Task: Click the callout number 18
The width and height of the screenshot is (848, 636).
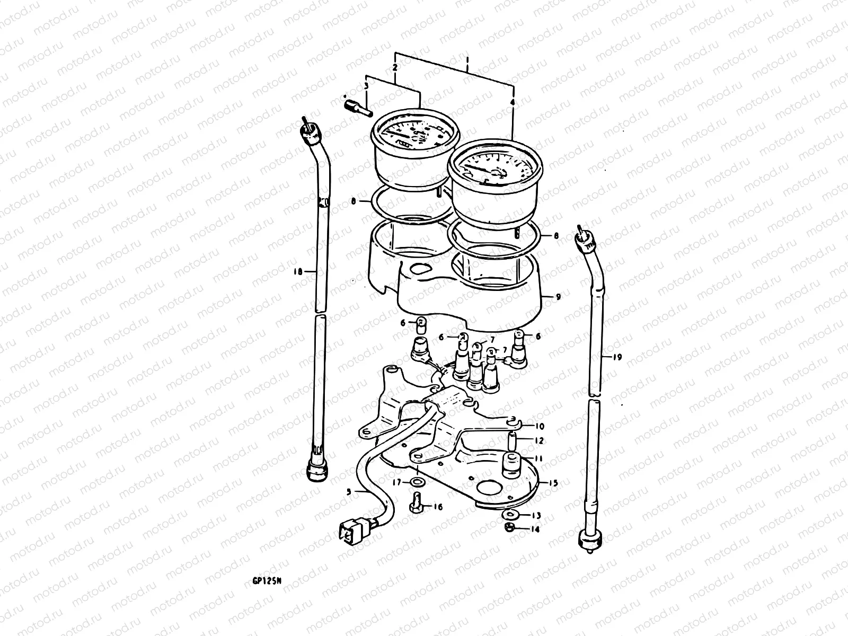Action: coord(297,271)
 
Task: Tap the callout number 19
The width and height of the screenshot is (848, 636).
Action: coord(616,358)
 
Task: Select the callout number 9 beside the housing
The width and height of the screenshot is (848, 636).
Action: coord(558,297)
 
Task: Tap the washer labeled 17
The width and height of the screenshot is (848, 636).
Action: coord(418,482)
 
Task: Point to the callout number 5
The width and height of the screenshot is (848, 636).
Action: coord(349,491)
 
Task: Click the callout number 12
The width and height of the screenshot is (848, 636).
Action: coord(539,440)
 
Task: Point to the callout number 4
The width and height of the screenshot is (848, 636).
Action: coord(513,100)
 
